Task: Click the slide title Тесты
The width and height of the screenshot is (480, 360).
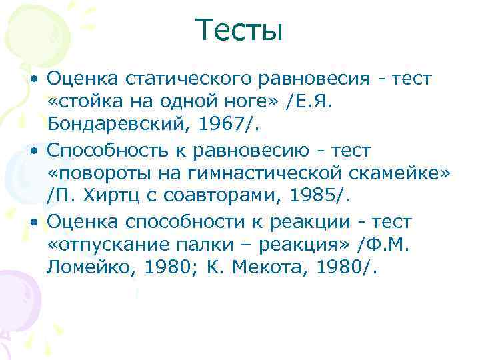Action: (x=239, y=31)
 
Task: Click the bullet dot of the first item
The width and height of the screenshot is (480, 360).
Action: (x=33, y=80)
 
